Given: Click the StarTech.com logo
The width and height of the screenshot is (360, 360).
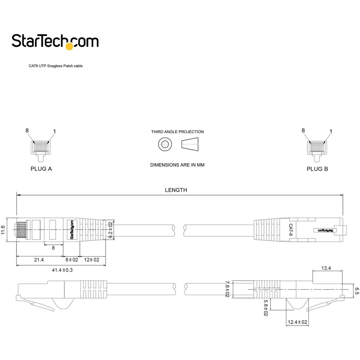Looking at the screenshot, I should (x=55, y=41).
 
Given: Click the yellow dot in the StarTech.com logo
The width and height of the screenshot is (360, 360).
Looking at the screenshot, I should (x=69, y=47).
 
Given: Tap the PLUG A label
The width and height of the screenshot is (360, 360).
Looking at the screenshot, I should (x=41, y=169).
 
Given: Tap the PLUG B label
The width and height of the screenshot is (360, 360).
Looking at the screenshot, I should (x=317, y=169).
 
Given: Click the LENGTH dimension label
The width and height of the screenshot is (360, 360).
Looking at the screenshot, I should (x=176, y=190).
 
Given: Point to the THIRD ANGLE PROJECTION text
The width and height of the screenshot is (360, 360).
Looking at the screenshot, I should (x=177, y=132).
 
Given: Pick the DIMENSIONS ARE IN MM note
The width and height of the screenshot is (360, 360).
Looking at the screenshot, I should (x=177, y=165).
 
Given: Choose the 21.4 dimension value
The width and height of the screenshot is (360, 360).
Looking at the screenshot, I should (x=39, y=260).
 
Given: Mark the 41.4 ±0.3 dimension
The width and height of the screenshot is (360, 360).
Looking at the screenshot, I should (x=62, y=270).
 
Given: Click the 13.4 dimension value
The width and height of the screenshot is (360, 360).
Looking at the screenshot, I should (x=326, y=268).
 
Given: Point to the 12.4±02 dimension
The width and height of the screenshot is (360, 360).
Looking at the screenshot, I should (x=296, y=322).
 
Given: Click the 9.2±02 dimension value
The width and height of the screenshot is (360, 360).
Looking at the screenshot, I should (x=111, y=230).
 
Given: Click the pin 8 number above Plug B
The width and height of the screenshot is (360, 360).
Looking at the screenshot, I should (x=303, y=130).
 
